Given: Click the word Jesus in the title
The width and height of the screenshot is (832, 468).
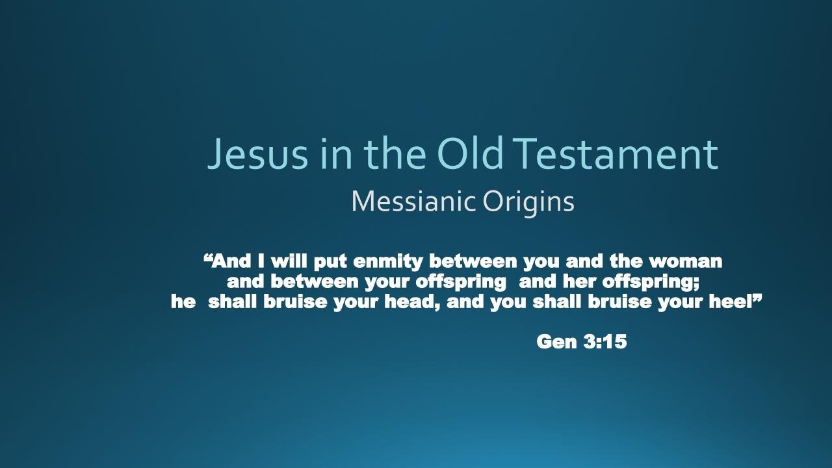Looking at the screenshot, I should coord(257,154).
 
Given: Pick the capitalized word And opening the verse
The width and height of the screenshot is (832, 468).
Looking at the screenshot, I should coord(231,261).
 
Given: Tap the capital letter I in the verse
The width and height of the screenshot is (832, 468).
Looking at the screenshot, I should coord(261,261).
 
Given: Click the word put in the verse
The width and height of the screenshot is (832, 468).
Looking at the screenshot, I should coord(330,262).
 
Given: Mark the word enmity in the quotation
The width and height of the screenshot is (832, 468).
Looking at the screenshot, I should coord(388,262).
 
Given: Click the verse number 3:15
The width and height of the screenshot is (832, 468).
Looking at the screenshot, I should coord(605,341).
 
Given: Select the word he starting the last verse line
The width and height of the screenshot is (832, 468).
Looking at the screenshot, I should coord(183,302).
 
